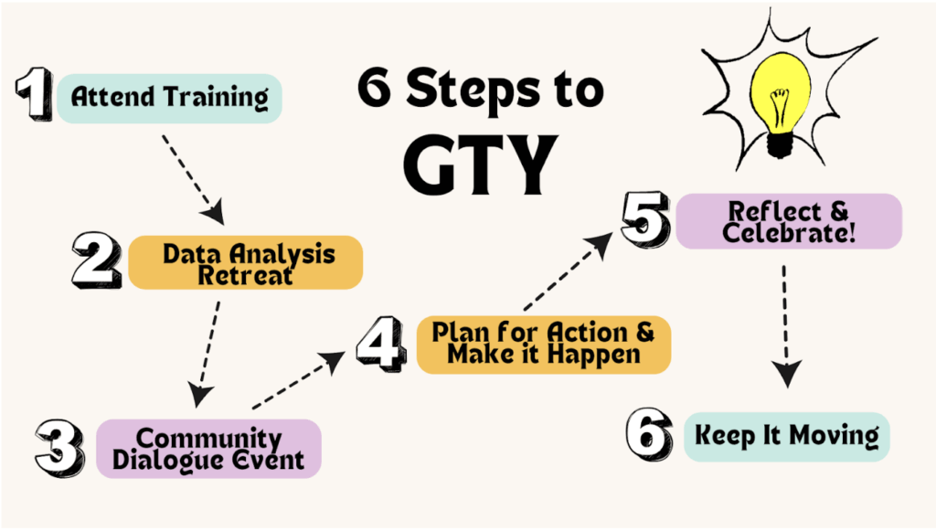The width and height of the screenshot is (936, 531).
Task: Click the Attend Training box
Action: pyautogui.click(x=169, y=98)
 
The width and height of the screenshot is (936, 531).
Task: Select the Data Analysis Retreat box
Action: pyautogui.click(x=246, y=263)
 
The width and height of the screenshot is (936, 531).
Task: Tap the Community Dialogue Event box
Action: pyautogui.click(x=208, y=448)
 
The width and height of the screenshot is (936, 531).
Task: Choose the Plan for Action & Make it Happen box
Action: pyautogui.click(x=544, y=345)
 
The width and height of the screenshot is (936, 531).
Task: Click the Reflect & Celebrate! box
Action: pyautogui.click(x=789, y=221)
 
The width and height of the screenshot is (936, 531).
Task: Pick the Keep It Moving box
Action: pyautogui.click(x=786, y=436)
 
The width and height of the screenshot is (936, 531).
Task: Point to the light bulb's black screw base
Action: pyautogui.click(x=780, y=143)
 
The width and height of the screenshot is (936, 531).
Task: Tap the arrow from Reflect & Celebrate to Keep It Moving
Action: pyautogui.click(x=785, y=324)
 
